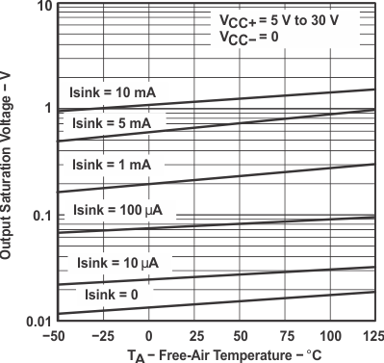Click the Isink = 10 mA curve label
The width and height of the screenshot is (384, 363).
[x=113, y=92]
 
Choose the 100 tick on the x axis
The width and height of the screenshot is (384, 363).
[x=328, y=335]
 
